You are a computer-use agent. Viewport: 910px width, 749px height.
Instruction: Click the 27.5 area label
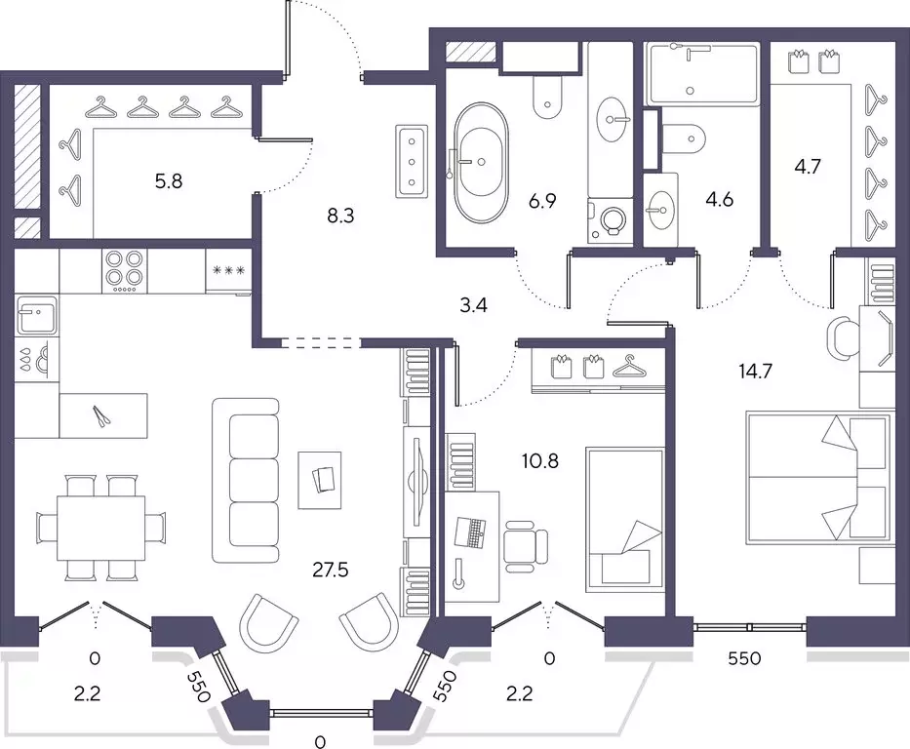click(x=331, y=571)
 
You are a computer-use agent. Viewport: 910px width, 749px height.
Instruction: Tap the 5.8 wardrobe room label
click(x=169, y=181)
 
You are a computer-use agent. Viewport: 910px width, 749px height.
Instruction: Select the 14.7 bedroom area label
click(x=756, y=371)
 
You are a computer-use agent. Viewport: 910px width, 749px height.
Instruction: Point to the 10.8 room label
click(x=539, y=461)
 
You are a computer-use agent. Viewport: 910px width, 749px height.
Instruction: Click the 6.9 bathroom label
click(x=542, y=201)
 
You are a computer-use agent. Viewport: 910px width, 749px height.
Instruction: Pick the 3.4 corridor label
click(x=473, y=305)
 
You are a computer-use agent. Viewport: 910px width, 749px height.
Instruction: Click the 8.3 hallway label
click(x=340, y=216)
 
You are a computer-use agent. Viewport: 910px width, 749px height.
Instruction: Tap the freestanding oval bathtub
click(x=481, y=163)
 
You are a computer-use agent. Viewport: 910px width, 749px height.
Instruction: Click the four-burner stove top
click(x=124, y=271)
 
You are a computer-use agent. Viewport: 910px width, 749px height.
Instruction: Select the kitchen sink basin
click(x=36, y=316)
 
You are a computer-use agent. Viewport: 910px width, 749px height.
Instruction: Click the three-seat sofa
click(x=246, y=481)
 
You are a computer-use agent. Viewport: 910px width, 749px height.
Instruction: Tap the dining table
click(x=101, y=528)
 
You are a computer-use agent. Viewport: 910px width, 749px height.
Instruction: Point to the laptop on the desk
click(x=471, y=532)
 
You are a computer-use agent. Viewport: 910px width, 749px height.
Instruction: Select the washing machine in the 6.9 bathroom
click(x=610, y=220)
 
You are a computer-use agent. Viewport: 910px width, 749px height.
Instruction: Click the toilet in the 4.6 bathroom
click(x=685, y=138)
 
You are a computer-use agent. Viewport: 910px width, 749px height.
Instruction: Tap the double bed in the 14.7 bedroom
click(x=818, y=479)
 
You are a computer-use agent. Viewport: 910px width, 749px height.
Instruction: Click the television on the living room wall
click(x=417, y=482)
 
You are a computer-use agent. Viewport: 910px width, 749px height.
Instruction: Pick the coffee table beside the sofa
click(x=320, y=481)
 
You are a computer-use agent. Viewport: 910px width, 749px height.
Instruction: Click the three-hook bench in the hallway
click(x=412, y=161)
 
